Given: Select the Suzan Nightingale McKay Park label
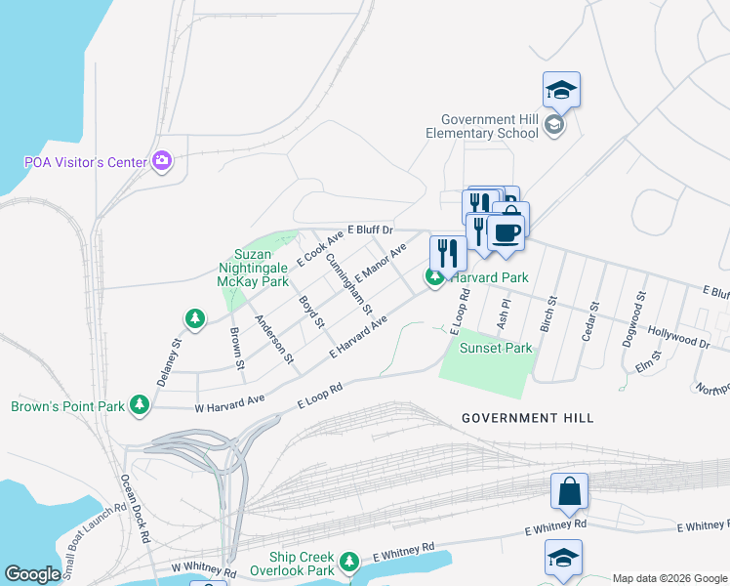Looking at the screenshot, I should [253, 268].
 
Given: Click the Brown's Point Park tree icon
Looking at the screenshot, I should [140, 404].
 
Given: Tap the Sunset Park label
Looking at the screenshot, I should [496, 348].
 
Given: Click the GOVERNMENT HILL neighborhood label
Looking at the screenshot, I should [527, 418].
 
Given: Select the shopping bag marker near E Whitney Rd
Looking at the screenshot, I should [569, 492].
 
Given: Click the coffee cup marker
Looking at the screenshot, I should [506, 232].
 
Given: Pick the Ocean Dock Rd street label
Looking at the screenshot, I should [135, 508].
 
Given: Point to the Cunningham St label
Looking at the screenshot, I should [348, 283].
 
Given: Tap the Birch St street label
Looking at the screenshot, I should [549, 314].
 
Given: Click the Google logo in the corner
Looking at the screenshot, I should [32, 574].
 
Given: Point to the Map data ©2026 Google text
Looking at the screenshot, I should [669, 578].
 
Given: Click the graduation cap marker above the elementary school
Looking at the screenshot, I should [561, 90].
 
